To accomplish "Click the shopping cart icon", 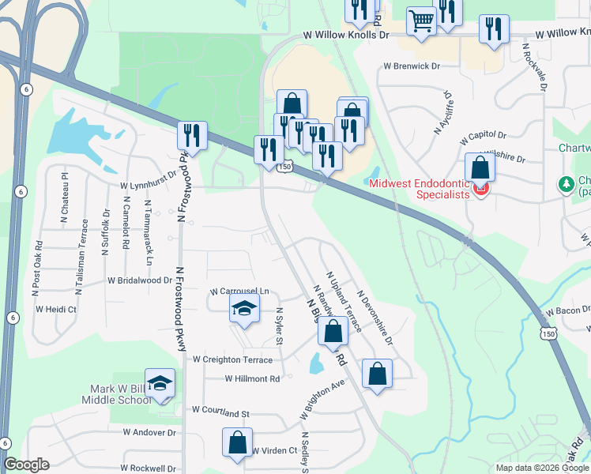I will pos(422,21).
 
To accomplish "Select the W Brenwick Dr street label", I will pos(411,66).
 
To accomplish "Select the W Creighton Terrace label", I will pos(233,359).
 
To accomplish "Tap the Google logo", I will pos(26,465).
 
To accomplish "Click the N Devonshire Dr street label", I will pos(375,319).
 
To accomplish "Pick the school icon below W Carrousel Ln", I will pos(245,310).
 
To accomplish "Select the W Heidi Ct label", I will pos(55,310).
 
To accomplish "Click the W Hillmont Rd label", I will pos(253,379).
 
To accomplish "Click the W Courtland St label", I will pos(220,412).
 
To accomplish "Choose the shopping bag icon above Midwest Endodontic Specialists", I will pos(480,168).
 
